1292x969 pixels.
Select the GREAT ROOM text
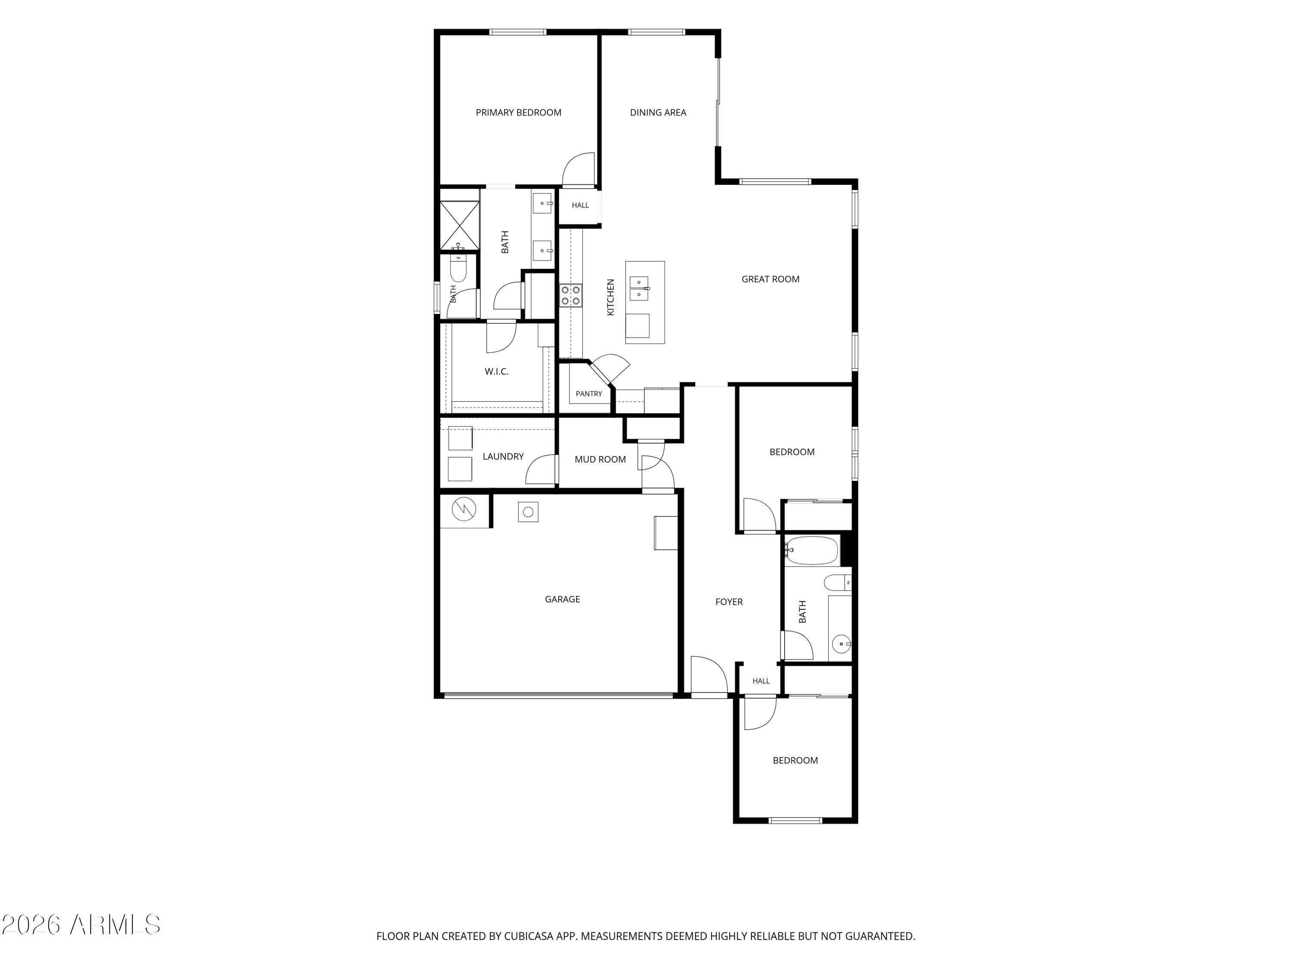tap(770, 279)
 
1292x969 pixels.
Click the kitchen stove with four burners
tap(571, 295)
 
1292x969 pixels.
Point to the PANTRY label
tap(589, 394)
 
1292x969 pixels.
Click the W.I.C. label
tap(497, 372)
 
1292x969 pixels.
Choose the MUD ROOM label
tap(600, 460)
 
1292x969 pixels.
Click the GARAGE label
tap(562, 599)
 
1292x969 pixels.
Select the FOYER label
tap(729, 602)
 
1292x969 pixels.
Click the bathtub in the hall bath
tap(812, 550)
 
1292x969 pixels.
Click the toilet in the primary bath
tap(459, 268)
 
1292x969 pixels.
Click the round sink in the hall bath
tap(842, 644)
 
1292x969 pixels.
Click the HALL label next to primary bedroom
tap(580, 205)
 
